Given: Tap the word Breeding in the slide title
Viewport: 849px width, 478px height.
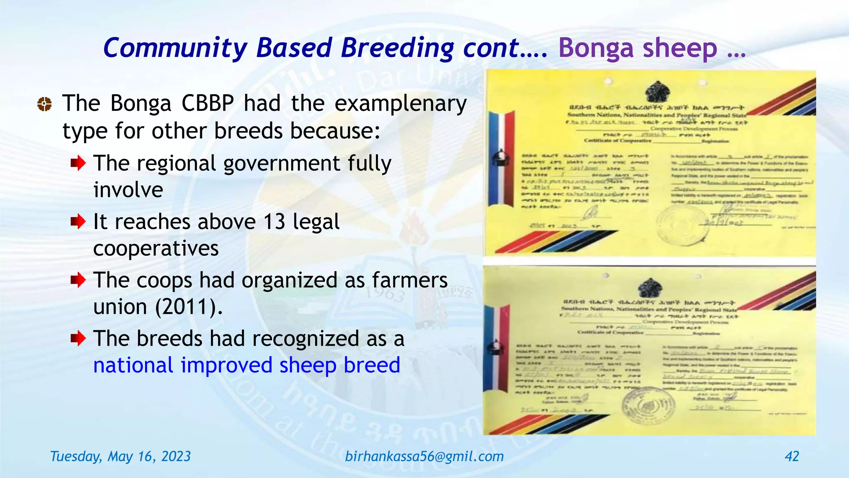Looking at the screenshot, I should point(397,48).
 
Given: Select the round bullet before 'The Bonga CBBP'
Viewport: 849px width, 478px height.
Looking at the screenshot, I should point(44,104).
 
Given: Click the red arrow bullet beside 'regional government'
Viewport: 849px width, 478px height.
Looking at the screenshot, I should point(78,163).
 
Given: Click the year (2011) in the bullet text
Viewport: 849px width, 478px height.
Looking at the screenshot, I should point(189,307).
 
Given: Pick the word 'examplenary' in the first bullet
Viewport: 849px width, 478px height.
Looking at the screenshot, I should point(400,104).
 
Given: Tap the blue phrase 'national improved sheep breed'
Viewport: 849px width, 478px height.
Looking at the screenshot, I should point(247,366).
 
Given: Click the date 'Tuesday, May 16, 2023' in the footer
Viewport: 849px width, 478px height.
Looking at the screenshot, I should point(120,456).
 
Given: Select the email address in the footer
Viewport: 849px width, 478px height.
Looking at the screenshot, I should point(424,456).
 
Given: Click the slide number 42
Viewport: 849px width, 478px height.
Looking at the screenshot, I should point(792,456).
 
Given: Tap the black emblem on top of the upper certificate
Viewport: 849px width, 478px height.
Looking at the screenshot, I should point(657,92).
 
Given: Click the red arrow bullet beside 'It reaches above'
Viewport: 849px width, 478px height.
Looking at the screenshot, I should point(78,222).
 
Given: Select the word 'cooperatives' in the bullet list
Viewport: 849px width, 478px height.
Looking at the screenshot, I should point(156,249).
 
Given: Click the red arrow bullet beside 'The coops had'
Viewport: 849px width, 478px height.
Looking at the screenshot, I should point(78,280).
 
